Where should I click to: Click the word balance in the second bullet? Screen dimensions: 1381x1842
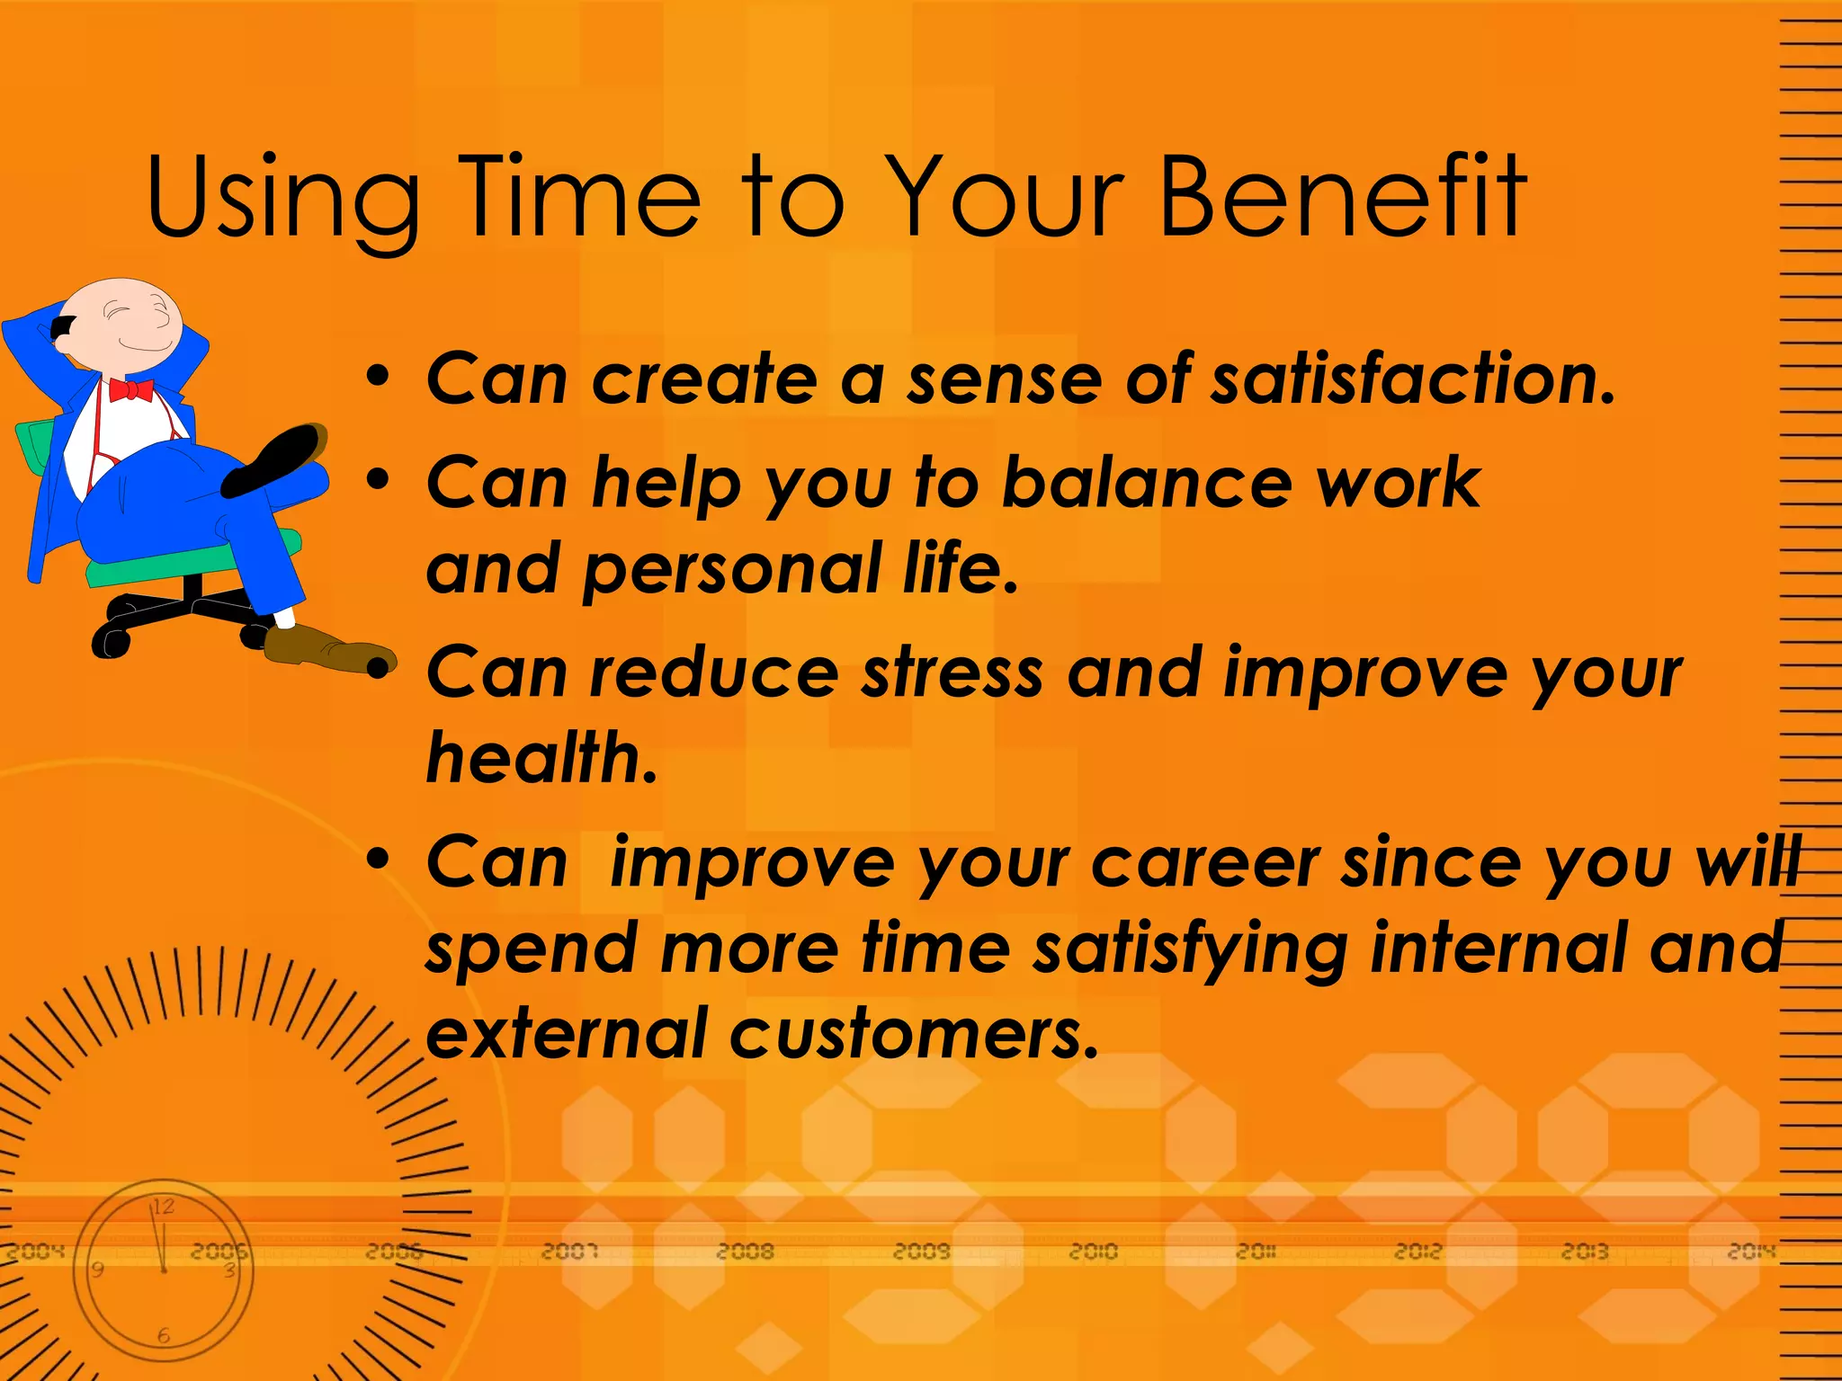click(x=1145, y=483)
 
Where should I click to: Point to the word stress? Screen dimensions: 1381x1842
click(x=952, y=673)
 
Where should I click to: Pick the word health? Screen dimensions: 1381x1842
click(x=541, y=758)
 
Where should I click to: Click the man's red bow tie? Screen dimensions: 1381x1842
click(x=130, y=390)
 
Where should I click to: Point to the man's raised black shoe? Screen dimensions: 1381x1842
click(x=273, y=460)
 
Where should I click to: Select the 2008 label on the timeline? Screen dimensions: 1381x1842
click(x=745, y=1251)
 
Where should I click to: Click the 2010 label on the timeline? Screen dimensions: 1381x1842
click(x=1093, y=1251)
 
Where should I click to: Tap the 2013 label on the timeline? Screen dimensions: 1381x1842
click(x=1584, y=1251)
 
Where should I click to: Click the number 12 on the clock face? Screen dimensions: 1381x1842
click(x=163, y=1207)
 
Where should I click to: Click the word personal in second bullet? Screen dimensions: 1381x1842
click(x=731, y=569)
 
